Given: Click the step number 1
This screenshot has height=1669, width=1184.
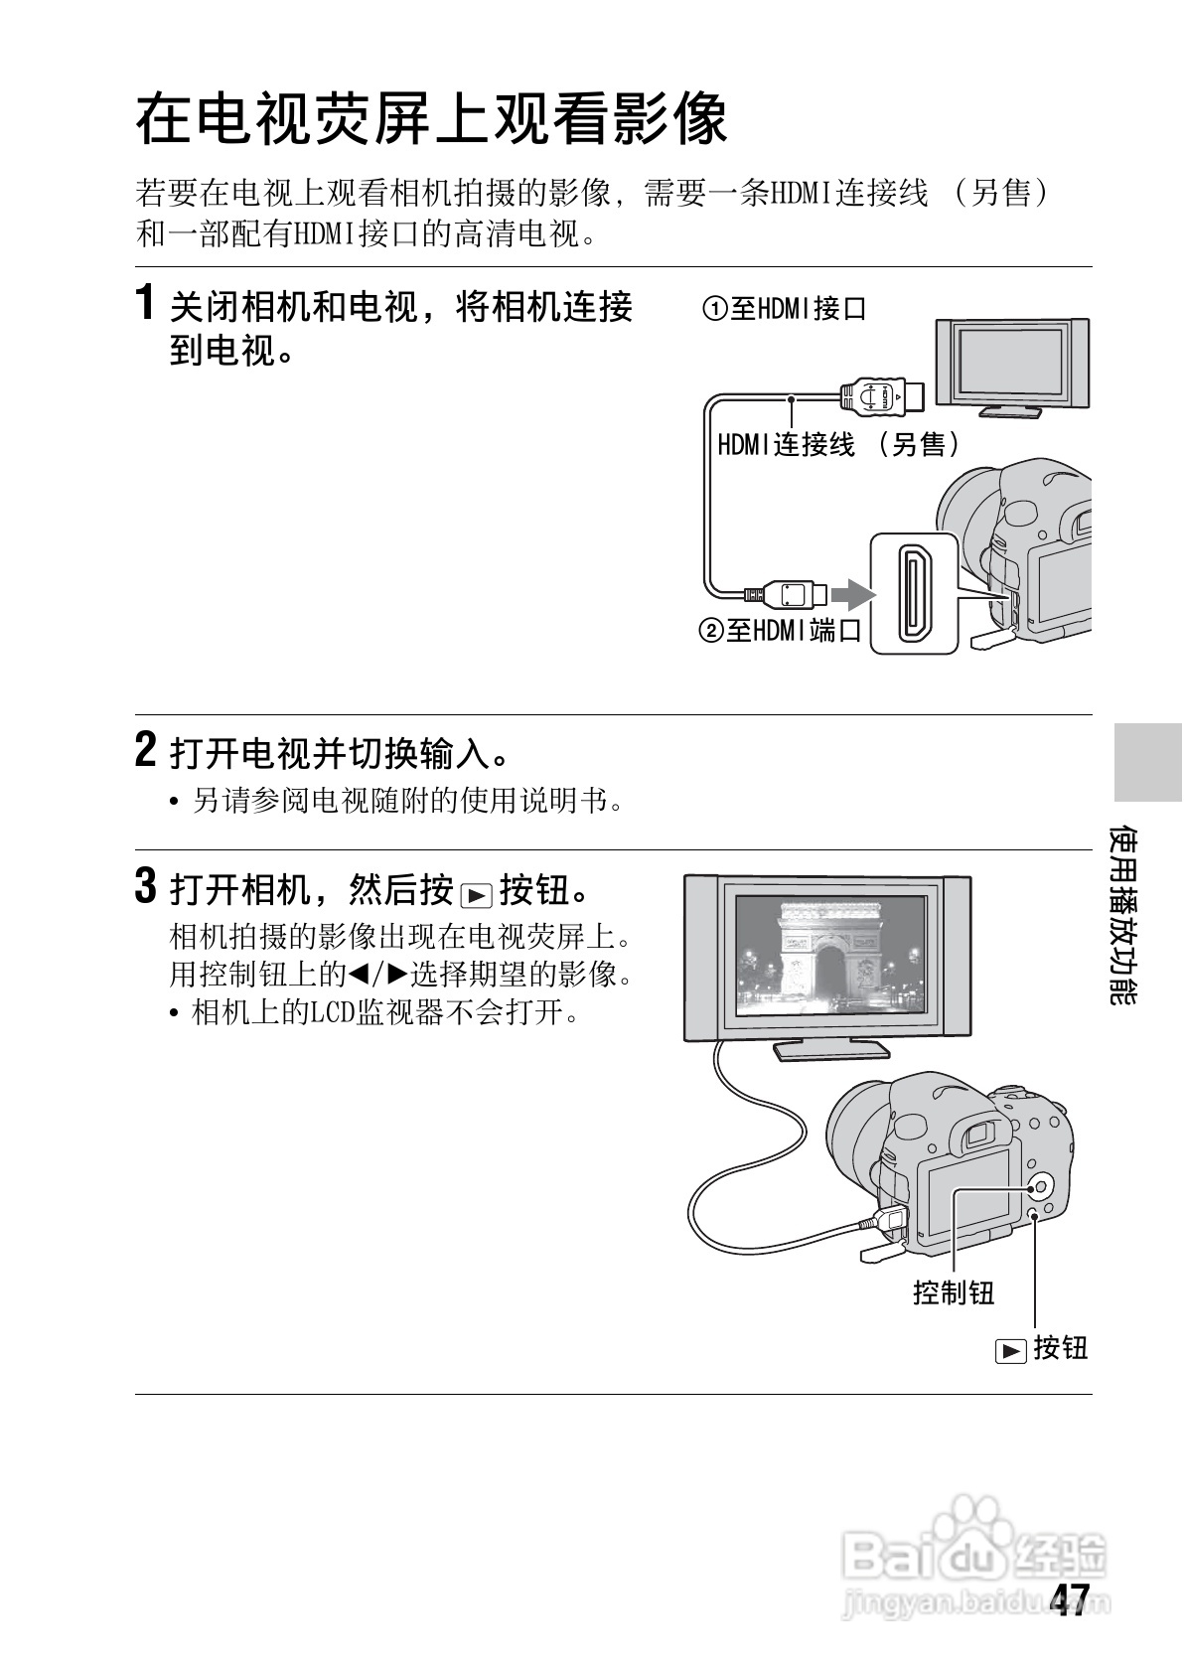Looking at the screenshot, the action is pyautogui.click(x=146, y=302).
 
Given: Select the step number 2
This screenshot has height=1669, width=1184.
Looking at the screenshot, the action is pyautogui.click(x=146, y=749).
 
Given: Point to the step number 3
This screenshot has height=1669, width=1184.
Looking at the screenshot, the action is pyautogui.click(x=146, y=885).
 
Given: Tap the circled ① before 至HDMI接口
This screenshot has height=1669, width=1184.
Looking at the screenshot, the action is pyautogui.click(x=714, y=309).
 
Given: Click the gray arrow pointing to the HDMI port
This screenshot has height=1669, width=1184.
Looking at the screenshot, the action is pyautogui.click(x=853, y=594).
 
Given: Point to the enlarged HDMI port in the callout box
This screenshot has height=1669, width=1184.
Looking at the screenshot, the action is pyautogui.click(x=914, y=593).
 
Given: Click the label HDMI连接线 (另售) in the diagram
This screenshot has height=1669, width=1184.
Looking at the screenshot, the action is pyautogui.click(x=838, y=445).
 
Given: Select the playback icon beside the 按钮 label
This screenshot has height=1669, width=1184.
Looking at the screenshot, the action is pyautogui.click(x=1011, y=1351).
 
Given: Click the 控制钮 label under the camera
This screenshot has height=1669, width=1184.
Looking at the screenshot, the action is pyautogui.click(x=954, y=1291).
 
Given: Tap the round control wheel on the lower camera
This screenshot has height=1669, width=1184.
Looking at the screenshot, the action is pyautogui.click(x=1039, y=1185).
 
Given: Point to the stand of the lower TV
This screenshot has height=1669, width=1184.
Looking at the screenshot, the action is pyautogui.click(x=831, y=1050).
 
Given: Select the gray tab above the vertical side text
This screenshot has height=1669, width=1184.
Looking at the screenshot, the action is pyautogui.click(x=1148, y=762).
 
